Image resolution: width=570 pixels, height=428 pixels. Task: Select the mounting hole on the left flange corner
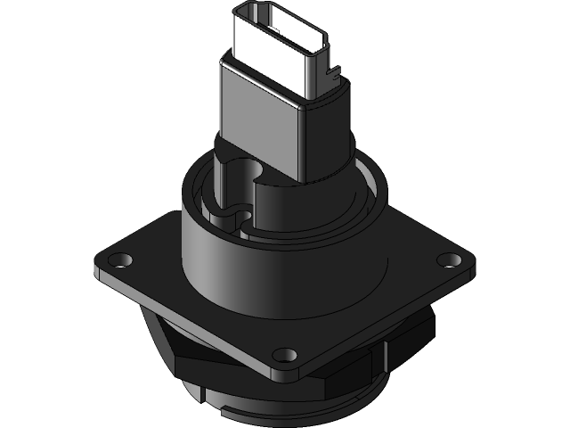point(116,261)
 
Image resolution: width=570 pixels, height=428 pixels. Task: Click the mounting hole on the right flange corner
point(450,259)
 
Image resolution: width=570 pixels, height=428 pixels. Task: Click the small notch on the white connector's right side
point(334,64)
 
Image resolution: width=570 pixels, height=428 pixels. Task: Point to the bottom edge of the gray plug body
point(263,178)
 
